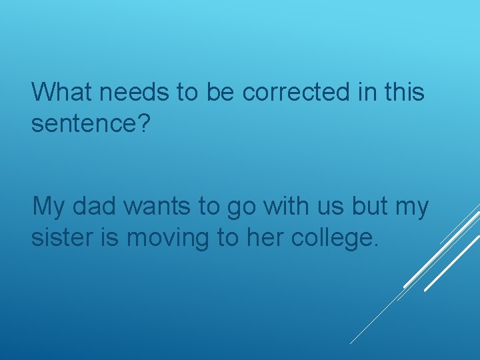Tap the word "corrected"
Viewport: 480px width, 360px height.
tap(295, 92)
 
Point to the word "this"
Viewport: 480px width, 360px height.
tap(405, 92)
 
